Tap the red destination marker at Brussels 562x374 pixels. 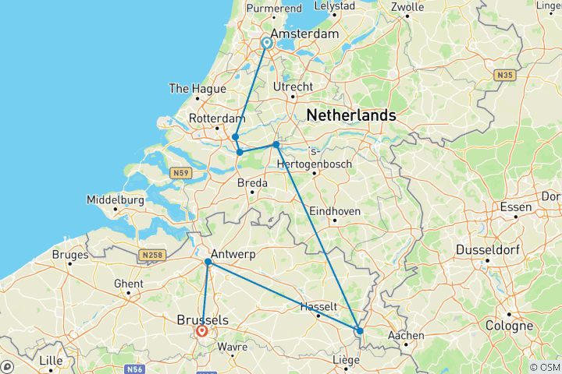(202, 331)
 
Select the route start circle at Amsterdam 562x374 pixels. (267, 43)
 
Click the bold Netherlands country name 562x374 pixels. (350, 115)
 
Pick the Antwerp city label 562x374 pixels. (233, 254)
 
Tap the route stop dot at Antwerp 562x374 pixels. (208, 263)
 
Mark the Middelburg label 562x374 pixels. (116, 199)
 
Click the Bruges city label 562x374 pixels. (71, 254)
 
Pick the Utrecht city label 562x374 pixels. (294, 86)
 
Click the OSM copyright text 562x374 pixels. (544, 367)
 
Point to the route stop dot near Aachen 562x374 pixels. (359, 331)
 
